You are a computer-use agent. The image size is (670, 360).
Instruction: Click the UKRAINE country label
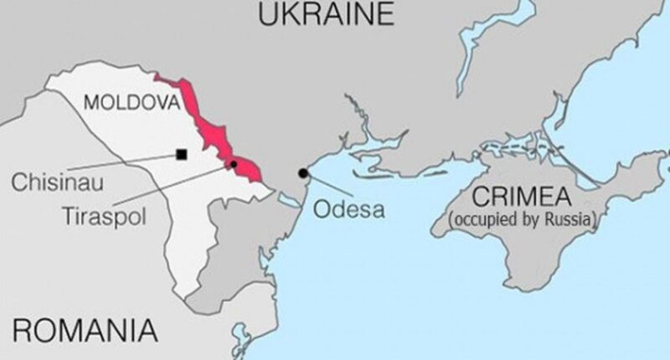(x=326, y=14)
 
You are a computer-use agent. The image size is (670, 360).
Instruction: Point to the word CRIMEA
(x=522, y=198)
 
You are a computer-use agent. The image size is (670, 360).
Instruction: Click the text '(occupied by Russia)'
(x=523, y=220)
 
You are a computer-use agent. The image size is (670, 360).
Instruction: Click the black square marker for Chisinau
(x=181, y=153)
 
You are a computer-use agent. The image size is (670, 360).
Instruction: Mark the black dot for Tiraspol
(x=234, y=163)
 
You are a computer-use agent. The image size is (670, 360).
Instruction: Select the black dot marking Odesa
(x=303, y=173)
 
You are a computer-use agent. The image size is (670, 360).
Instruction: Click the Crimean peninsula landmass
(x=536, y=251)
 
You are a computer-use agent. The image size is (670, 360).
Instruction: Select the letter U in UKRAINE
(x=271, y=14)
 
